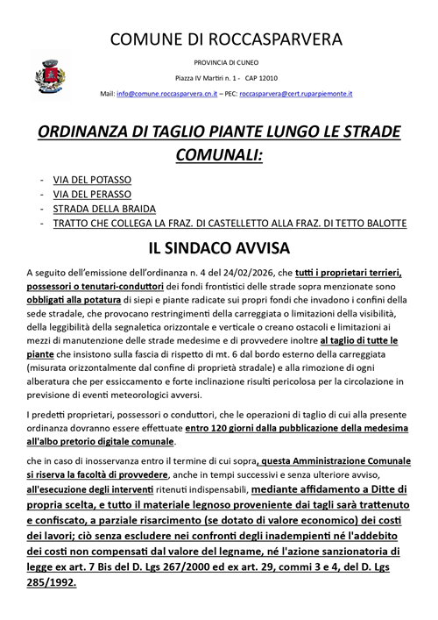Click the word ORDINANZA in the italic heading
point(96,132)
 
